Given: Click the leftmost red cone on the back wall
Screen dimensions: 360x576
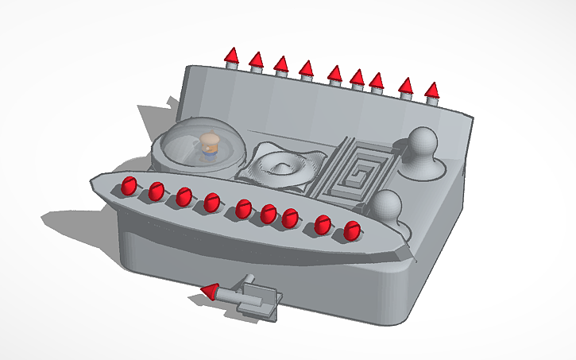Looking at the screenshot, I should pyautogui.click(x=231, y=56).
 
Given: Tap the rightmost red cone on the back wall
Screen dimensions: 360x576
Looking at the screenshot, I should pyautogui.click(x=432, y=91).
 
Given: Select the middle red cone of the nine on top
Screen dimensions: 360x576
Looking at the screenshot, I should pyautogui.click(x=334, y=74).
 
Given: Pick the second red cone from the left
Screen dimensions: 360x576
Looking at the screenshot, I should pyautogui.click(x=256, y=60).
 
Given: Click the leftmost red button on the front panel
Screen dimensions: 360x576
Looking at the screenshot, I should pyautogui.click(x=128, y=187).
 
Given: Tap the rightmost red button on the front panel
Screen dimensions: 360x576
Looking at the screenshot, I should pyautogui.click(x=351, y=231).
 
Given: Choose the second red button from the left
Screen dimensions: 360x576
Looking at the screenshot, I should pyautogui.click(x=156, y=192).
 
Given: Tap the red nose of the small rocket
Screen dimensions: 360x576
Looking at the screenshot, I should pyautogui.click(x=209, y=292).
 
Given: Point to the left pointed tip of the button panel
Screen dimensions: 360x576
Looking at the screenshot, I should pyautogui.click(x=93, y=179).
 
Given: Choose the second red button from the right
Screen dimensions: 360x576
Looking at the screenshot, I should pyautogui.click(x=322, y=225).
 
